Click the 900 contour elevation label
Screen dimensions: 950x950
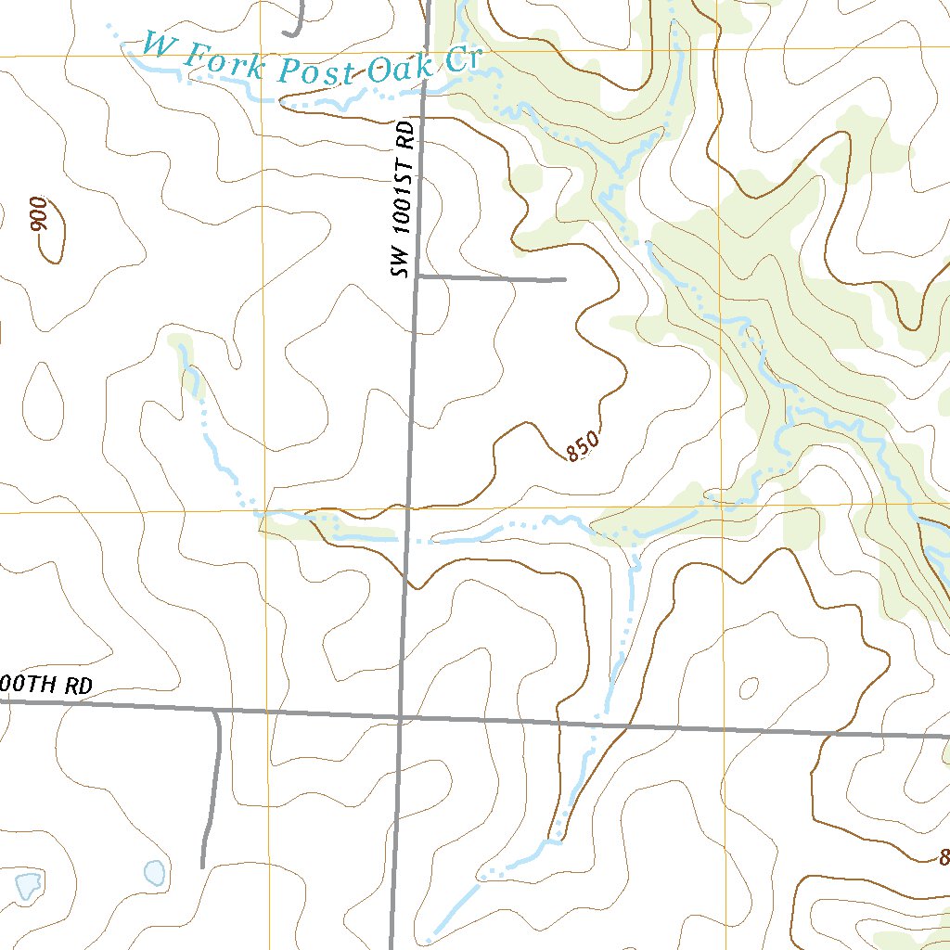38,215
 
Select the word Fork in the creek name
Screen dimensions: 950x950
222,62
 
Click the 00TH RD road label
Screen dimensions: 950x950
46,686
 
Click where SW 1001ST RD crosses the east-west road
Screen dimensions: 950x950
400,717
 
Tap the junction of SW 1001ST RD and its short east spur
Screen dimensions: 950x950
417,276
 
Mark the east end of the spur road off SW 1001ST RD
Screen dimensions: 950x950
564,278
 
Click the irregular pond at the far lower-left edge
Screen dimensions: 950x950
26,885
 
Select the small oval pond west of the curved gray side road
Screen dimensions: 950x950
154,872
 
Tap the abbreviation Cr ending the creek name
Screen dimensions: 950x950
461,62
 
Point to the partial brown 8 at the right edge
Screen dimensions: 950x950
944,856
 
